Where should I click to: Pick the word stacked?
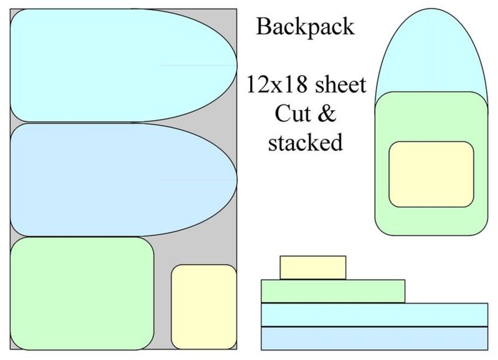[305, 142]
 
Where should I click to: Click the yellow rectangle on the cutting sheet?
[204, 306]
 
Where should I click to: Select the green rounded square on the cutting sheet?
[81, 294]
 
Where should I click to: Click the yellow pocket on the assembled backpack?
[431, 174]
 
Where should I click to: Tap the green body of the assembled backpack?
[432, 222]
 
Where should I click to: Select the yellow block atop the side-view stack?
[313, 268]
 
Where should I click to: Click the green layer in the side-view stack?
[333, 291]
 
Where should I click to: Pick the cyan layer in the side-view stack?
[374, 315]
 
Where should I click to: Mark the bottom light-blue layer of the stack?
[374, 338]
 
